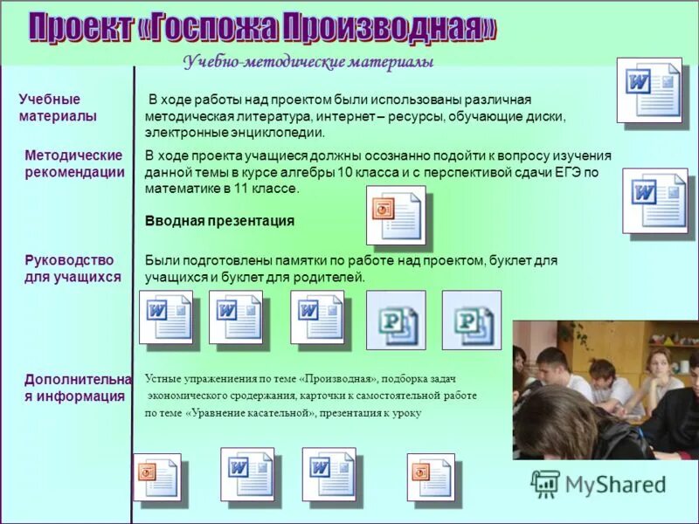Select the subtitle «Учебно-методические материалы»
308,62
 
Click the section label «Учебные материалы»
58,107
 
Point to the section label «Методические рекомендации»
74,163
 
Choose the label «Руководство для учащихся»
73,268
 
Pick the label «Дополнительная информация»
77,387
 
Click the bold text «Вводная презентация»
219,221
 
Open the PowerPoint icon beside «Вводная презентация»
395,215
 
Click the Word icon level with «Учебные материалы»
648,90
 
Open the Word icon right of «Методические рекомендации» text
654,200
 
